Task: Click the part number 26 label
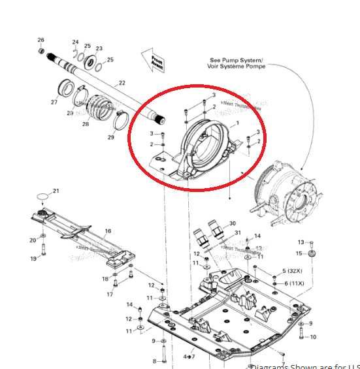(41, 40)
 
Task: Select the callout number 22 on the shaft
(121, 83)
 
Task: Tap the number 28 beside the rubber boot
(86, 124)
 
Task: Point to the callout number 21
(56, 191)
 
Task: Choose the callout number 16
(108, 231)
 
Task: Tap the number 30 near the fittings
(233, 223)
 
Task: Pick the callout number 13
(301, 242)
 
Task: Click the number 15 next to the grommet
(300, 253)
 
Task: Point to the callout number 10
(313, 337)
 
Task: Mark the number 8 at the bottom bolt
(154, 361)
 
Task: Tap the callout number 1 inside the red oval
(237, 123)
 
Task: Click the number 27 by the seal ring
(54, 102)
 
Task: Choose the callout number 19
(33, 259)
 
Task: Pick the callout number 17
(110, 294)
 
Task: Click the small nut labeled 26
(42, 50)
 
